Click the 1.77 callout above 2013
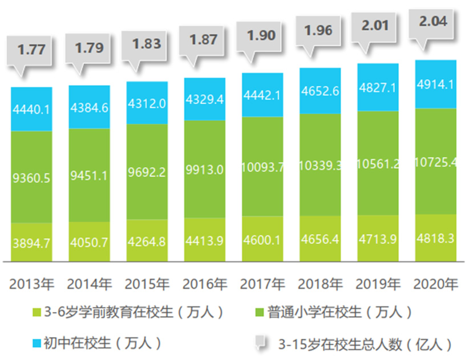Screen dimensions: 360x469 coord(31,50)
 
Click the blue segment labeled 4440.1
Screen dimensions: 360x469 coord(31,108)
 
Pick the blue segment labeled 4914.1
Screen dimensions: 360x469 coord(435,83)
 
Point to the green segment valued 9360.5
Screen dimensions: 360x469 coord(31,177)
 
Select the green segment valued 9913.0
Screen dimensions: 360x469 coord(204,169)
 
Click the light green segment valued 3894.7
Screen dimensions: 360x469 coord(31,242)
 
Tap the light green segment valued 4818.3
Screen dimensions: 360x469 coord(435,237)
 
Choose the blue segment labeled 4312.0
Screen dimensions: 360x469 coord(147,103)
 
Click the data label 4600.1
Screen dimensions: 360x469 coord(262,240)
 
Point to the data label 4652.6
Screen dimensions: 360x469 coord(320,91)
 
